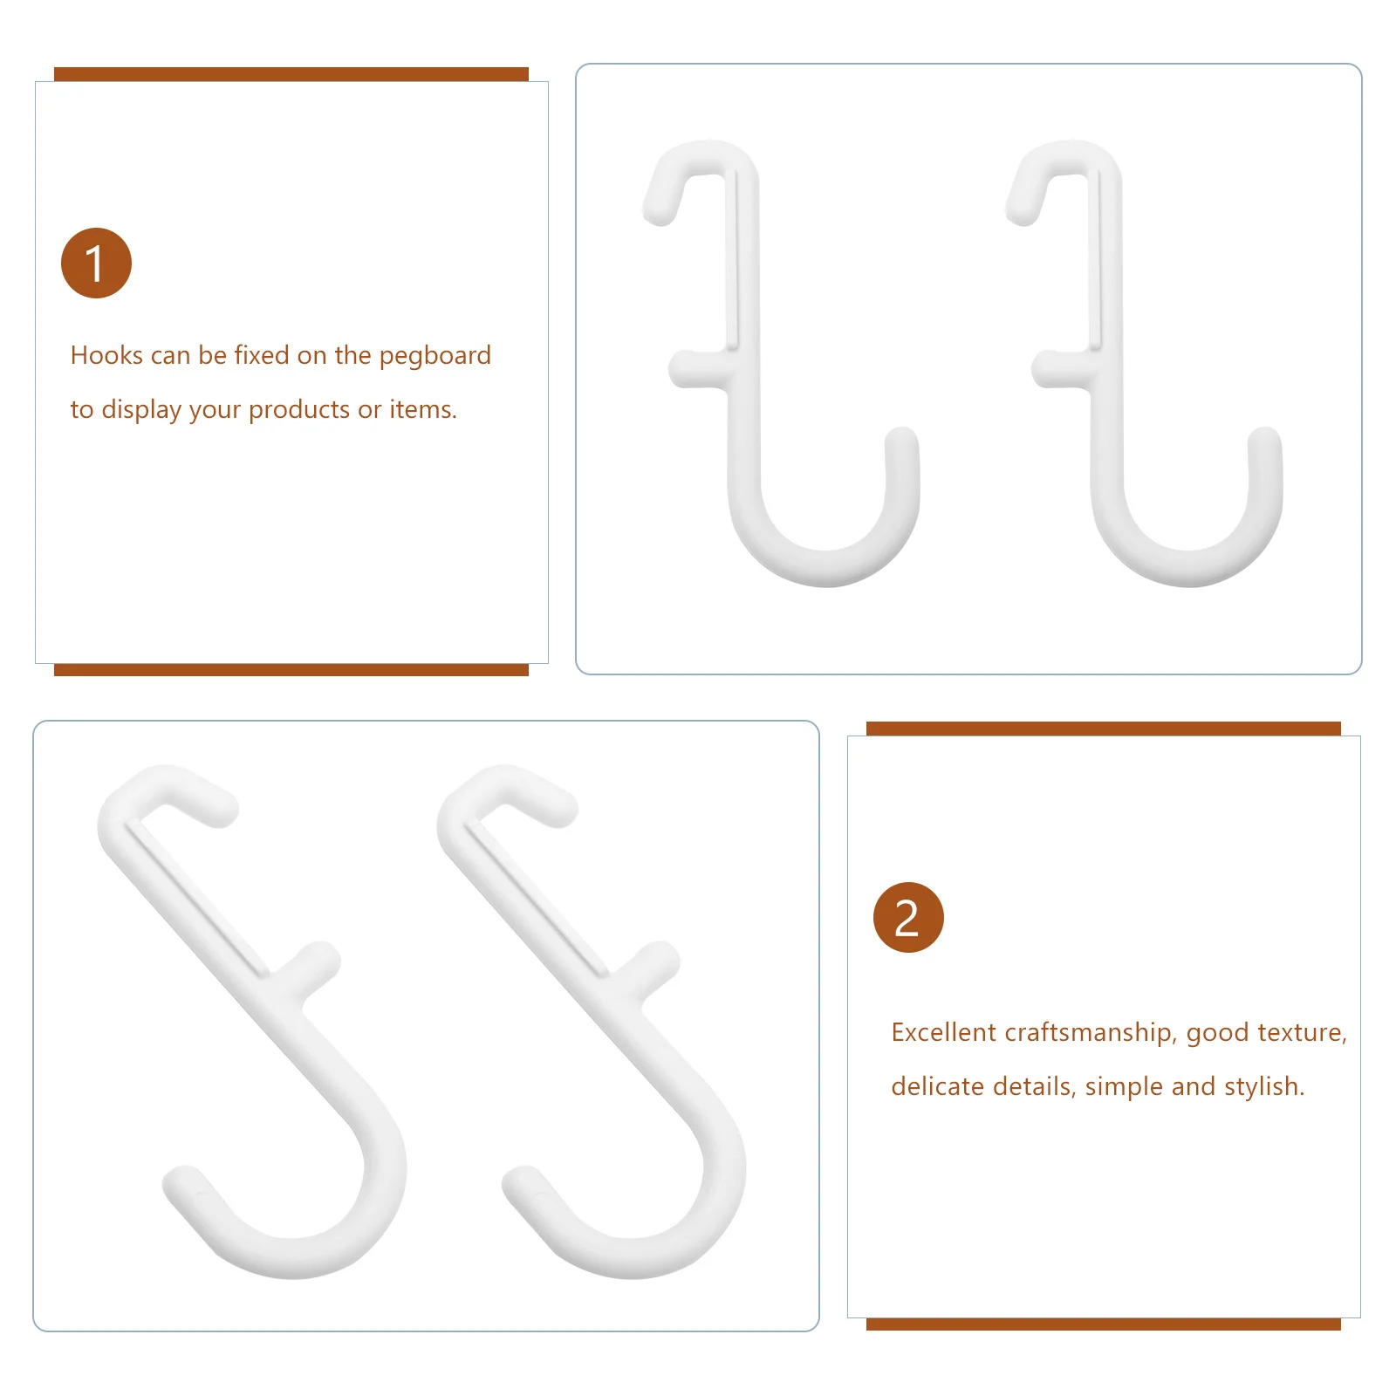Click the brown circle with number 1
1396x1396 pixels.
pos(96,263)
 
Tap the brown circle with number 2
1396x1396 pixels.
pos(908,917)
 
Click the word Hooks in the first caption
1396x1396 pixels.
pos(106,355)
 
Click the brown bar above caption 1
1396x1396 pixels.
pos(291,74)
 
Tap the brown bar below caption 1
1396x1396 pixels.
pos(291,670)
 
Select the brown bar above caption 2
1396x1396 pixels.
pos(1103,729)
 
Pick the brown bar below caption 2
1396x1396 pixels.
pos(1103,1324)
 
